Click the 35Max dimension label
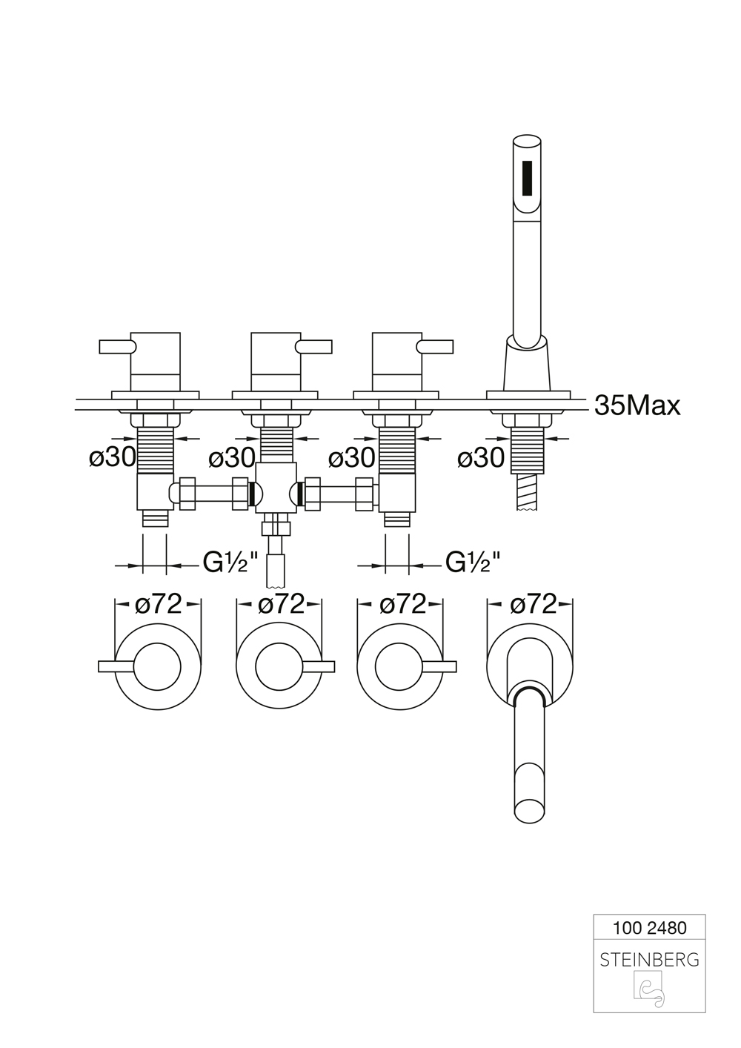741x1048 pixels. [x=637, y=405]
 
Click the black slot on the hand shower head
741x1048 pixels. [x=527, y=179]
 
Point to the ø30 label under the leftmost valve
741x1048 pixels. [x=113, y=457]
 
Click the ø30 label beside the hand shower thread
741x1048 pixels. [x=481, y=457]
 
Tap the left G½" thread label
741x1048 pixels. [x=230, y=563]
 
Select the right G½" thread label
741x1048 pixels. [x=473, y=563]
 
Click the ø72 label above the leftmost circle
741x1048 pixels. [x=158, y=604]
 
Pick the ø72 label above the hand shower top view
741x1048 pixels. [x=534, y=604]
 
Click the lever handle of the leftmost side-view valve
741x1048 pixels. [x=117, y=347]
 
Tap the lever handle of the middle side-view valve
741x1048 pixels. [x=314, y=347]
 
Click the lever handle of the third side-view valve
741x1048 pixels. [x=434, y=347]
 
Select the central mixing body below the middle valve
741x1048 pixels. [x=276, y=487]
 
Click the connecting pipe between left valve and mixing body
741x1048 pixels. [x=214, y=494]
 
